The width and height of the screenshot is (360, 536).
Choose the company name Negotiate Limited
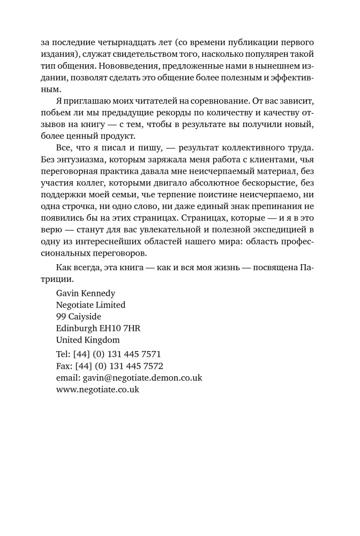tap(91, 305)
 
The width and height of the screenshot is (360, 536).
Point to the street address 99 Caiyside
tap(79, 317)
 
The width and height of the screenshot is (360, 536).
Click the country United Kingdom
tap(88, 340)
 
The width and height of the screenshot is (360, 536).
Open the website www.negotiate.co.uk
tap(97, 390)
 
